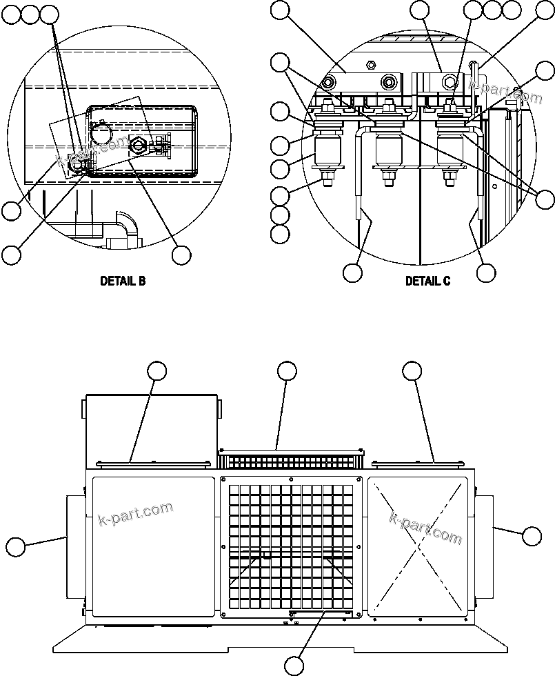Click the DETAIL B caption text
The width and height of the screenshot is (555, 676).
[x=123, y=281]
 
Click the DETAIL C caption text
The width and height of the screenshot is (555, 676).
[x=427, y=281]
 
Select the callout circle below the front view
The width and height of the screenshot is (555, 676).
[x=294, y=666]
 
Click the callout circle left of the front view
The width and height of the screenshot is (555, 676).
[x=16, y=548]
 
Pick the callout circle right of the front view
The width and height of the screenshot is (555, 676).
[x=532, y=535]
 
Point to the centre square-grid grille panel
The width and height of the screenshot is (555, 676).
[x=290, y=545]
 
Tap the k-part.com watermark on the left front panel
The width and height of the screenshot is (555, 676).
[x=136, y=514]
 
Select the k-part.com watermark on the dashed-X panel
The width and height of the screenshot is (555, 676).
[x=425, y=528]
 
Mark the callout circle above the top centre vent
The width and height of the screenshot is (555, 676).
[x=287, y=371]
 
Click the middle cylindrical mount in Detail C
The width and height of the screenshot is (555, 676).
[x=389, y=151]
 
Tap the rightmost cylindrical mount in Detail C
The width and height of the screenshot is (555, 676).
[x=452, y=151]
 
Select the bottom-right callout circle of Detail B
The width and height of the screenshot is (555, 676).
[x=181, y=255]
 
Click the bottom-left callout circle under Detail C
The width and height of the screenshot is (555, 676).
[x=352, y=272]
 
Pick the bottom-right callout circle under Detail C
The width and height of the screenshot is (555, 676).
[x=486, y=272]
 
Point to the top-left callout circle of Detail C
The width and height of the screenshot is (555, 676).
[x=280, y=10]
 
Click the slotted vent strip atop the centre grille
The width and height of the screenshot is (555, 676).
[x=290, y=460]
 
